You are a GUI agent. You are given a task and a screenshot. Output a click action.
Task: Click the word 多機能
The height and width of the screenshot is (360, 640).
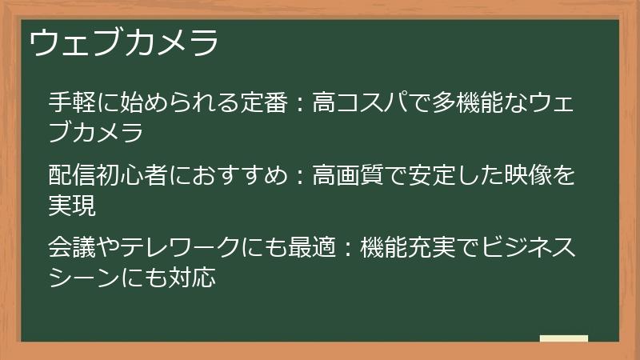point(457,102)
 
